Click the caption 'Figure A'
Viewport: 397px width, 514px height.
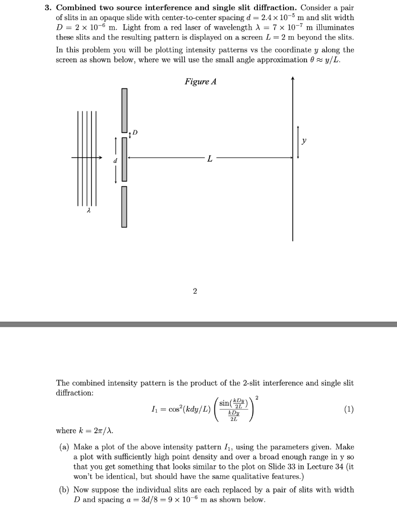[x=200, y=82]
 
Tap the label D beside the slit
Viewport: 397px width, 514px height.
[x=135, y=133]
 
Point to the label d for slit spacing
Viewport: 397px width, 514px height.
[x=115, y=161]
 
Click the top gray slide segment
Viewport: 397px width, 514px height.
[x=124, y=110]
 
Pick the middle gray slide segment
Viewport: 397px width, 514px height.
[x=124, y=159]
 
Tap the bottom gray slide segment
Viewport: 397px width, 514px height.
[x=124, y=206]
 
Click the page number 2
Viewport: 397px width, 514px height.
[x=194, y=291]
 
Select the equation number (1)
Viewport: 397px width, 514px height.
[x=348, y=409]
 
